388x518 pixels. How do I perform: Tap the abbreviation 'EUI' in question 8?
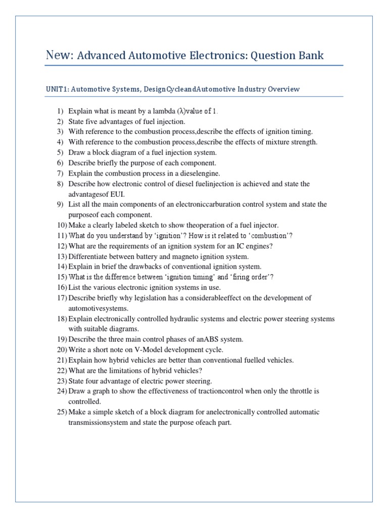[119, 194]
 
